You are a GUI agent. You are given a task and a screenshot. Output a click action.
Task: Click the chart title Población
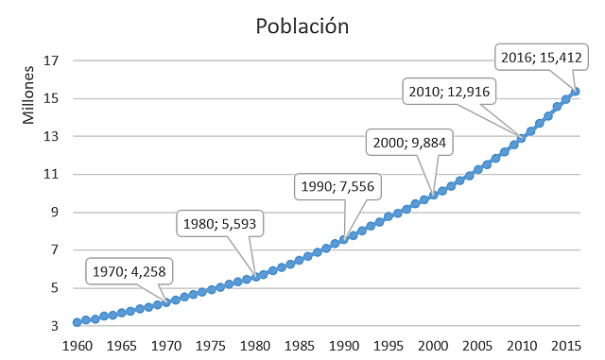point(302,26)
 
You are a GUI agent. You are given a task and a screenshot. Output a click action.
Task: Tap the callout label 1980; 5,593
point(219,225)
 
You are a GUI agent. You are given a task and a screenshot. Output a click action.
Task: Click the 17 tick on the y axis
point(52,60)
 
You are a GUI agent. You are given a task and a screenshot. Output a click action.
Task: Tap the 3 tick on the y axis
point(56,326)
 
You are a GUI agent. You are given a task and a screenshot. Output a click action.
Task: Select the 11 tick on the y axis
point(52,174)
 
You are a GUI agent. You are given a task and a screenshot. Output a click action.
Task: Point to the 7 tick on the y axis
point(56,250)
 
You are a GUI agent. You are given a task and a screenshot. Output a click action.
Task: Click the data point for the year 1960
point(78,322)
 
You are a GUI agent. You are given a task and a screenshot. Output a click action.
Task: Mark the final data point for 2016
point(577,91)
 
